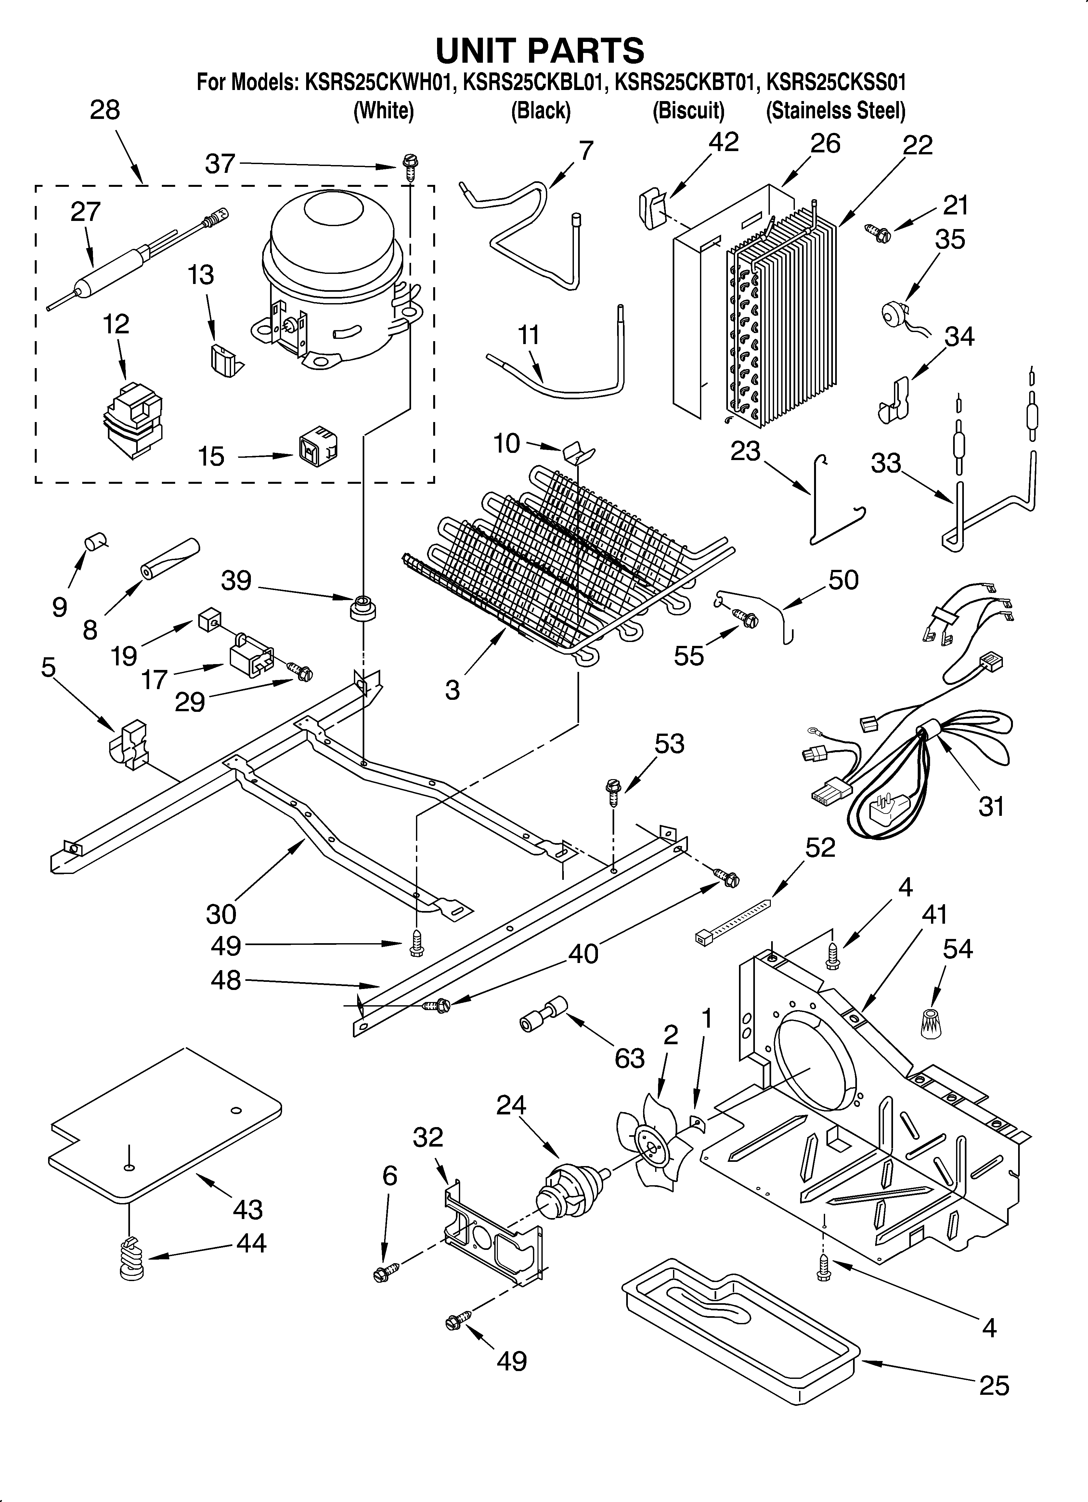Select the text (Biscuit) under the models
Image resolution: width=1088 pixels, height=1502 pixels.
pyautogui.click(x=688, y=110)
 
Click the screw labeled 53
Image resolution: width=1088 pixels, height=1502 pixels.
pyautogui.click(x=613, y=791)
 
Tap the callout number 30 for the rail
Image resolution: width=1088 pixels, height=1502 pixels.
pyautogui.click(x=221, y=915)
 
